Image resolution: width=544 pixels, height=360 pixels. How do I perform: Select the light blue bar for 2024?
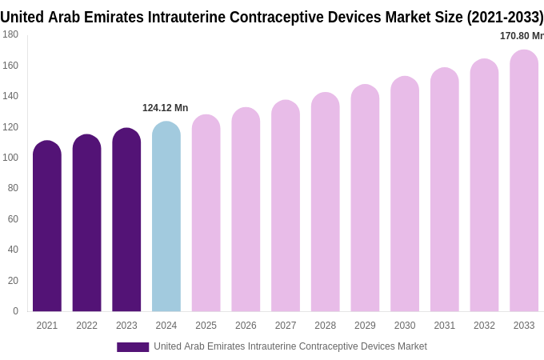pos(166,217)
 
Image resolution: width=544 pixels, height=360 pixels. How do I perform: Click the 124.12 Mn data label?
pos(165,108)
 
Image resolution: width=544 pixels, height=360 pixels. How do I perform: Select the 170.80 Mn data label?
pos(521,36)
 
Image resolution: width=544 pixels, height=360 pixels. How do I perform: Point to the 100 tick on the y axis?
pos(10,158)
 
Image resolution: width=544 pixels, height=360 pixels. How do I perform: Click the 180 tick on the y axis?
pos(10,34)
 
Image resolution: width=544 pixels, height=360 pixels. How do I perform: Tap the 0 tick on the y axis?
pos(15,311)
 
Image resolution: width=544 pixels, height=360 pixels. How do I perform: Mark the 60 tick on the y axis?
pos(13,219)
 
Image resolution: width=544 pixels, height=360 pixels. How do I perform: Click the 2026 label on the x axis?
pos(246,326)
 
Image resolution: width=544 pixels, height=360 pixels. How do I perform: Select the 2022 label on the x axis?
pos(86,326)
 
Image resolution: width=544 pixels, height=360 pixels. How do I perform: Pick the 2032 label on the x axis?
pos(484,326)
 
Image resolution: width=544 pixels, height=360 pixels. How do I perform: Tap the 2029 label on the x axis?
pos(365,326)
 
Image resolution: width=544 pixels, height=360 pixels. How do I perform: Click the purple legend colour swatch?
pos(133,347)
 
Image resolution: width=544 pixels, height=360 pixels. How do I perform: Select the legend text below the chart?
pos(290,346)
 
